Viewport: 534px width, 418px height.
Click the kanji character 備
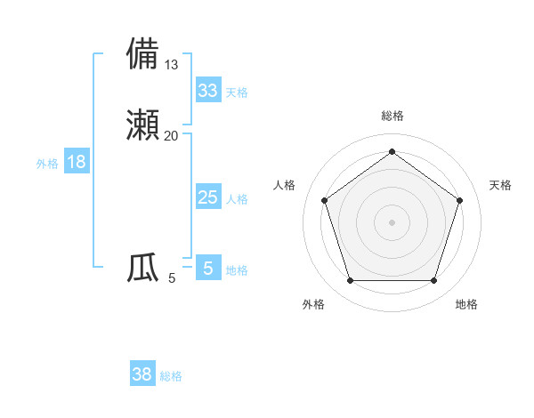pos(143,53)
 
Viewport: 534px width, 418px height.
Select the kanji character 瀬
pos(143,125)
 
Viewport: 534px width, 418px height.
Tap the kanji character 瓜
pos(143,267)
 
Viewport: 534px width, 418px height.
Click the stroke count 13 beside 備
pos(172,64)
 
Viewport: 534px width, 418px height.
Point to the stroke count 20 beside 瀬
pos(172,135)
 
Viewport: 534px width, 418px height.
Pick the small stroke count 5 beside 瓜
pos(172,278)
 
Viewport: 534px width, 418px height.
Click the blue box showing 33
pos(207,91)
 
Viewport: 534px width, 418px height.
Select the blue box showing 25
pos(207,197)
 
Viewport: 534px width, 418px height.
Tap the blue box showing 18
pos(76,162)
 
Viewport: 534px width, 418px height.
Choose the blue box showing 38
pos(142,374)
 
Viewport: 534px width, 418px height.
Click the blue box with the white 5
pos(207,269)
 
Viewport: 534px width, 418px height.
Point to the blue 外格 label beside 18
pos(47,163)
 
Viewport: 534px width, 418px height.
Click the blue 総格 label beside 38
pos(171,376)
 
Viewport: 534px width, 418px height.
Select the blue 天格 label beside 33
pos(237,92)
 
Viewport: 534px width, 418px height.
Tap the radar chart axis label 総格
pos(392,116)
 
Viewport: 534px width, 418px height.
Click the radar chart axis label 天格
pos(500,185)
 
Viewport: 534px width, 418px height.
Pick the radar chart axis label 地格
pos(466,304)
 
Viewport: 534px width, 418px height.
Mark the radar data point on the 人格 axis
pos(324,200)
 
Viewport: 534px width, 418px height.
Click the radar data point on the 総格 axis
pos(392,151)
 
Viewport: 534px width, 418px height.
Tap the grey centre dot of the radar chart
pos(392,221)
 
